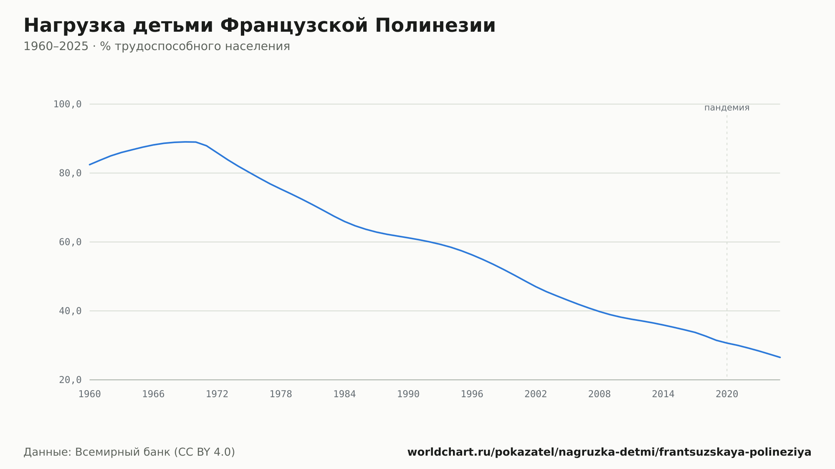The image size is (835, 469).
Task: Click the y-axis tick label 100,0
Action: coord(67,104)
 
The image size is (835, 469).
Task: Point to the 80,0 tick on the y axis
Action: coord(70,173)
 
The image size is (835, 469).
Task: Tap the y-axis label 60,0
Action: coord(70,242)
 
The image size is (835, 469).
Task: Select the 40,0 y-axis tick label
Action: coord(70,311)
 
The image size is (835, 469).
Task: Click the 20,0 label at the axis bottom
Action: coord(70,380)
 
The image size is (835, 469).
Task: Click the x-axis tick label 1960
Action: coord(90,394)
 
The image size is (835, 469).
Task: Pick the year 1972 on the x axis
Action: coord(217,394)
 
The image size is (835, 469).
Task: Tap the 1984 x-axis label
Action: coord(344,394)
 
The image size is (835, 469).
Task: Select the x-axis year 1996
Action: coord(472,394)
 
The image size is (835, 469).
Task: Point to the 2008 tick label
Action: coord(600,394)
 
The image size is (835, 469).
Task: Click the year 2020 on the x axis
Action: coord(727,394)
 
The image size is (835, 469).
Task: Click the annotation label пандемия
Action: coord(727,108)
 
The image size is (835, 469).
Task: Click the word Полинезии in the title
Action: coord(435,25)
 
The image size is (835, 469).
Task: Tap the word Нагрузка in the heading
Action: coord(74,26)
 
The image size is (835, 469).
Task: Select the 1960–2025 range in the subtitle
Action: coord(56,46)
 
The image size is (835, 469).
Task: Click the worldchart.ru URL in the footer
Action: coord(609,452)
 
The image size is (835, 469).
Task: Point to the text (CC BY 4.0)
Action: coord(204,452)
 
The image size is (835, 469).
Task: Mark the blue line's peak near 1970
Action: coord(186,142)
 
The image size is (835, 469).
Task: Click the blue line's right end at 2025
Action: coord(780,357)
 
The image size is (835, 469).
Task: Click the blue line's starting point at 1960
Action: coord(90,164)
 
